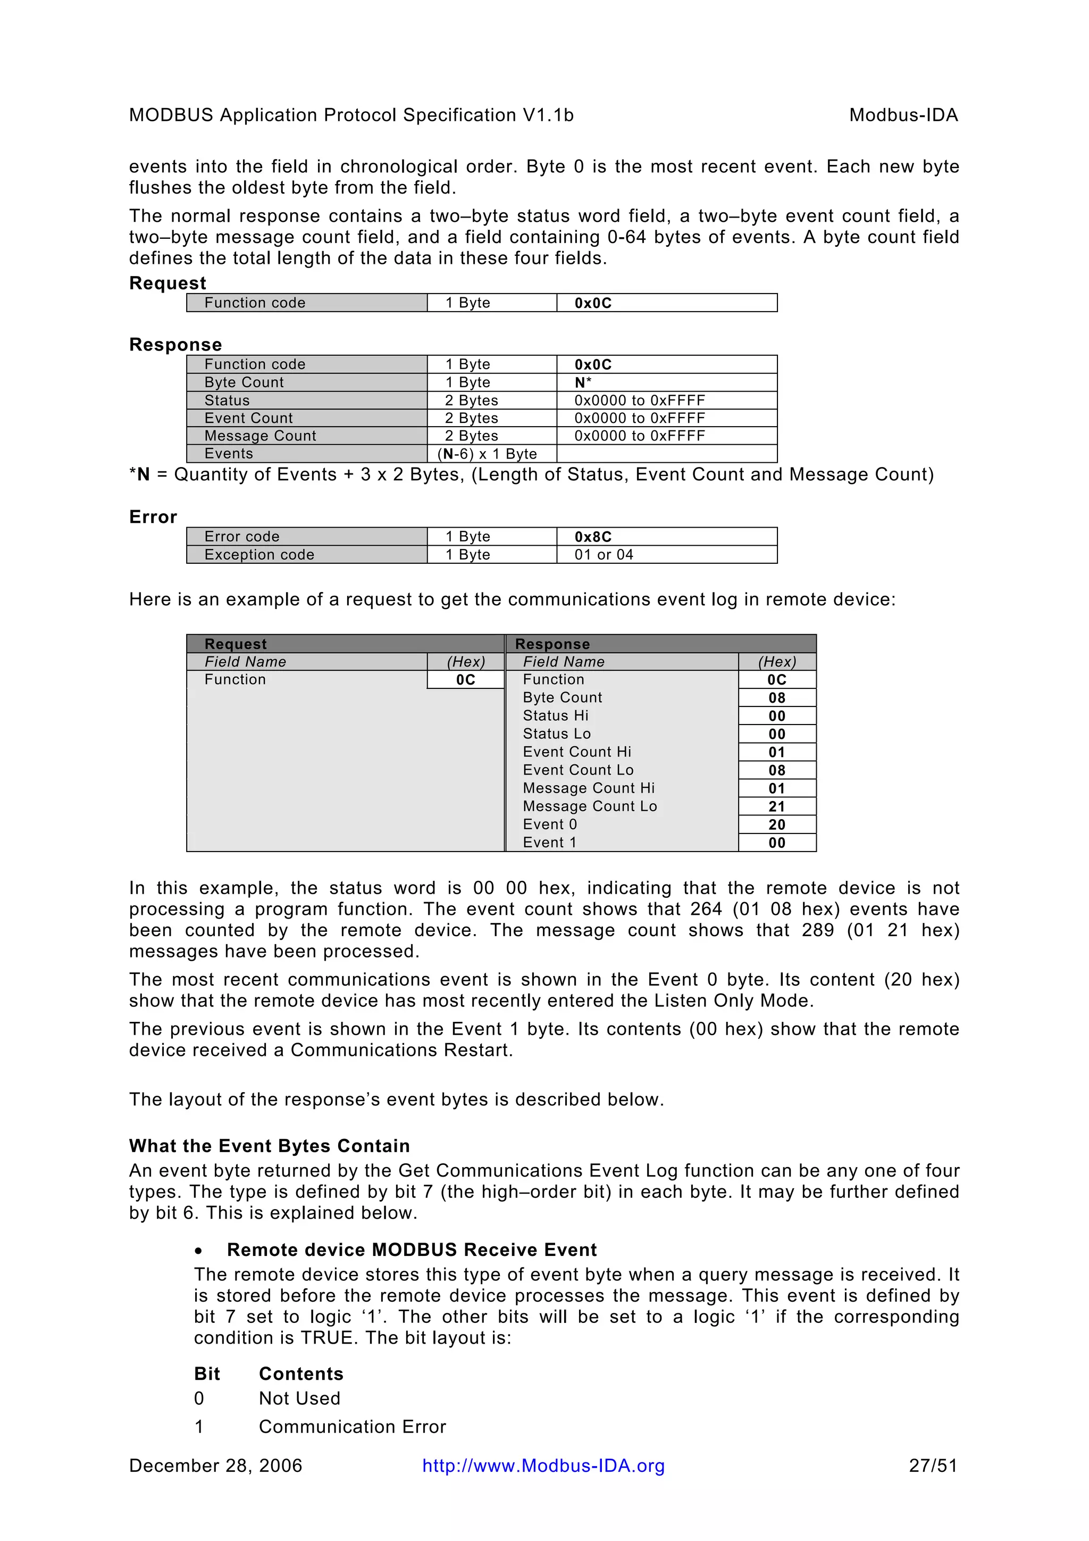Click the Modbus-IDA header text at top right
click(902, 115)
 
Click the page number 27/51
click(933, 1465)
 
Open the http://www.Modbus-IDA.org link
click(543, 1465)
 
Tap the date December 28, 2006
click(215, 1465)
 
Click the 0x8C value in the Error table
click(592, 536)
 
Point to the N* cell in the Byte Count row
click(582, 382)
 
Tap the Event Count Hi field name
click(576, 752)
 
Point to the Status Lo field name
click(556, 734)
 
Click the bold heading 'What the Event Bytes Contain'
click(269, 1146)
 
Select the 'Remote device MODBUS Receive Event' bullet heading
click(412, 1249)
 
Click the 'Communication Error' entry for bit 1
click(352, 1426)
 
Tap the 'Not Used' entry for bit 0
click(299, 1398)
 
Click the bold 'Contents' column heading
click(300, 1373)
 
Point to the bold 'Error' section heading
click(153, 517)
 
